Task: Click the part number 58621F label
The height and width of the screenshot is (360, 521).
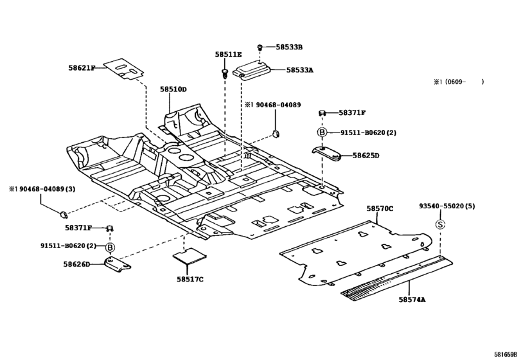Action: [82, 67]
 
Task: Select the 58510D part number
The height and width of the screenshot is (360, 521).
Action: [173, 89]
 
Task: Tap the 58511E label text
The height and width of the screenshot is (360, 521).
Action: [228, 55]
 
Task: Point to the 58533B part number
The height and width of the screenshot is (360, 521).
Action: [289, 47]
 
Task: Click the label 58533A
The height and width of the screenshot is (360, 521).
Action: [299, 70]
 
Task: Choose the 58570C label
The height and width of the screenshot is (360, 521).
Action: [380, 208]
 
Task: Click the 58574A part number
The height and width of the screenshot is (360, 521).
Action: [411, 300]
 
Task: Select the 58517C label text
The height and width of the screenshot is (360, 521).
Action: [190, 278]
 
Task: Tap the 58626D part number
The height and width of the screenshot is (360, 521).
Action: [76, 264]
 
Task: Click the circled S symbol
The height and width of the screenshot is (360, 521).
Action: [440, 224]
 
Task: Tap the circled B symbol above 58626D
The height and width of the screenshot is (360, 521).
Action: [110, 247]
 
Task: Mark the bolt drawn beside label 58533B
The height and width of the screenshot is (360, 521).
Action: [260, 47]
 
